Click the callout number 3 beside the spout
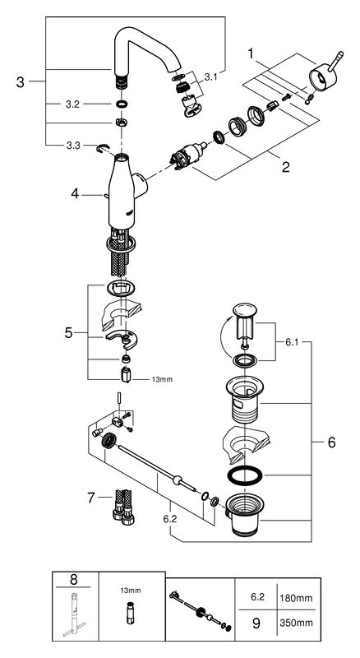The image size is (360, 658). pyautogui.click(x=21, y=81)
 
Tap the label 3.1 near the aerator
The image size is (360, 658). pyautogui.click(x=210, y=76)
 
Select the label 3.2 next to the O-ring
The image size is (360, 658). pyautogui.click(x=72, y=104)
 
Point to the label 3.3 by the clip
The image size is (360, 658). pyautogui.click(x=72, y=146)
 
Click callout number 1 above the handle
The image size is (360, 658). pyautogui.click(x=251, y=53)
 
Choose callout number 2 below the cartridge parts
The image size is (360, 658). pyautogui.click(x=286, y=168)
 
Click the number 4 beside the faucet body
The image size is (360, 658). pyautogui.click(x=75, y=194)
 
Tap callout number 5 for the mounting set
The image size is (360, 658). pyautogui.click(x=68, y=333)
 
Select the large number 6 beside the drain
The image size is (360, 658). pyautogui.click(x=331, y=443)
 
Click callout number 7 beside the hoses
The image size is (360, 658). pyautogui.click(x=91, y=498)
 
